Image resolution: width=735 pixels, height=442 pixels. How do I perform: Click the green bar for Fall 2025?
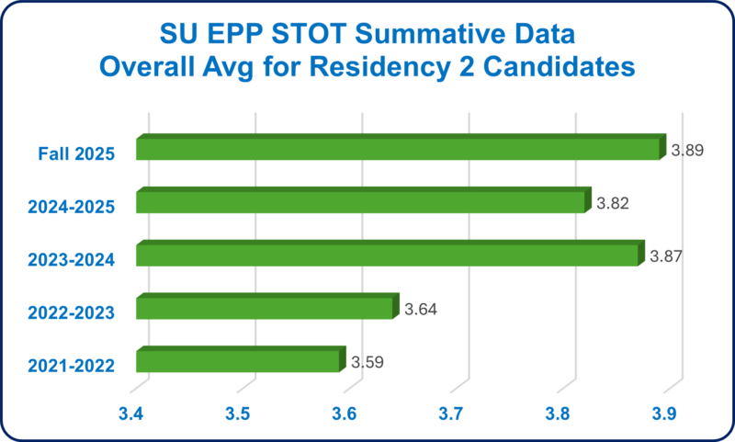tap(398, 149)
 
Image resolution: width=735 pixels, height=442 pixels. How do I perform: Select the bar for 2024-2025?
tap(360, 202)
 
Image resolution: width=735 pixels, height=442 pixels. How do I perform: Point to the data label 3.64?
tap(421, 309)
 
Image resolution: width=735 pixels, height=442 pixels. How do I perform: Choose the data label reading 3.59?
tap(367, 362)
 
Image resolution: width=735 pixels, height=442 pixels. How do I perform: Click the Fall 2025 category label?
tap(77, 154)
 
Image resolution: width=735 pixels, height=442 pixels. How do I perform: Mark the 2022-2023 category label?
tap(70, 313)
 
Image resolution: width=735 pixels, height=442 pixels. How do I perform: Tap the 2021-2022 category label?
tap(70, 366)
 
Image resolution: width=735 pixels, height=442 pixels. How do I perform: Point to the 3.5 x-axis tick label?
tap(239, 414)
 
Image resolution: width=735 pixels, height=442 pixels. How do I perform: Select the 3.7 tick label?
tap(451, 414)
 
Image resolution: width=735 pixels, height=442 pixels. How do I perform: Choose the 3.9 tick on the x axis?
tap(663, 414)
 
